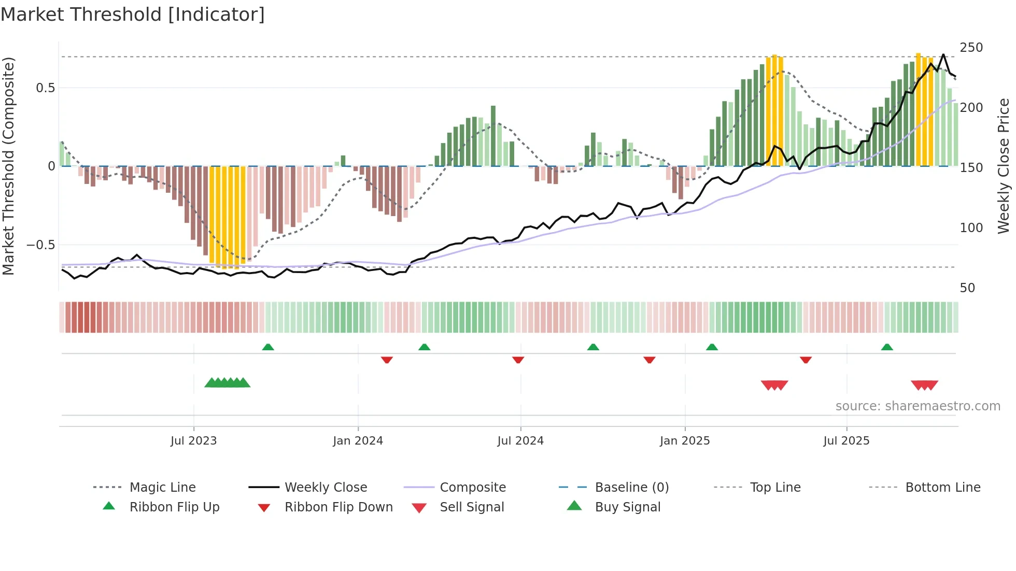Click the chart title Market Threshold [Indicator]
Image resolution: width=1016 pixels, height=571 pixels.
(x=133, y=15)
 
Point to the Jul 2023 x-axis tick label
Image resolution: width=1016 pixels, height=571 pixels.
(x=193, y=441)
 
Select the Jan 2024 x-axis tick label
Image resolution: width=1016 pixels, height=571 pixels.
(x=358, y=441)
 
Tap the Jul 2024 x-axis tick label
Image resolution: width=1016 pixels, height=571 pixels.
(x=520, y=441)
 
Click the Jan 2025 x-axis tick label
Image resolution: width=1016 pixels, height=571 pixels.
(x=685, y=441)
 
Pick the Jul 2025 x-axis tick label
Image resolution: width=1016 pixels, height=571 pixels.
(x=846, y=441)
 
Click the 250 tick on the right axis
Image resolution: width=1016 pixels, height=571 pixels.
(x=971, y=48)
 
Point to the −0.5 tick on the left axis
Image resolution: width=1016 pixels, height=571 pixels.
(x=41, y=245)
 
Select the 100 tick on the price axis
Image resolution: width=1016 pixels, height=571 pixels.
(x=971, y=228)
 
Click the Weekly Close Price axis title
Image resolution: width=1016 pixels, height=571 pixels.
(x=1004, y=166)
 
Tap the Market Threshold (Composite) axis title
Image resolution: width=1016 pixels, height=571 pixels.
(x=8, y=166)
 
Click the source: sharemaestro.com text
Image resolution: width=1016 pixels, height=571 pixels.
(x=918, y=406)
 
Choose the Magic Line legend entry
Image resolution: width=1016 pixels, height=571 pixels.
(x=162, y=488)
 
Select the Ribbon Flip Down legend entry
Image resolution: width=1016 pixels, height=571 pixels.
(x=338, y=507)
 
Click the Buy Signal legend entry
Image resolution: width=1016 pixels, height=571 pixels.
(x=627, y=507)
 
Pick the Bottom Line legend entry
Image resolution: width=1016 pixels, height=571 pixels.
(x=942, y=488)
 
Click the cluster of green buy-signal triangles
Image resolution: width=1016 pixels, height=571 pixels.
(x=227, y=383)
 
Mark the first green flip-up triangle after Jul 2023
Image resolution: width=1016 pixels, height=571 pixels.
(x=268, y=347)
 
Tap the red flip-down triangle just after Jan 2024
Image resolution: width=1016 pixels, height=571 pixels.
(x=387, y=360)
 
